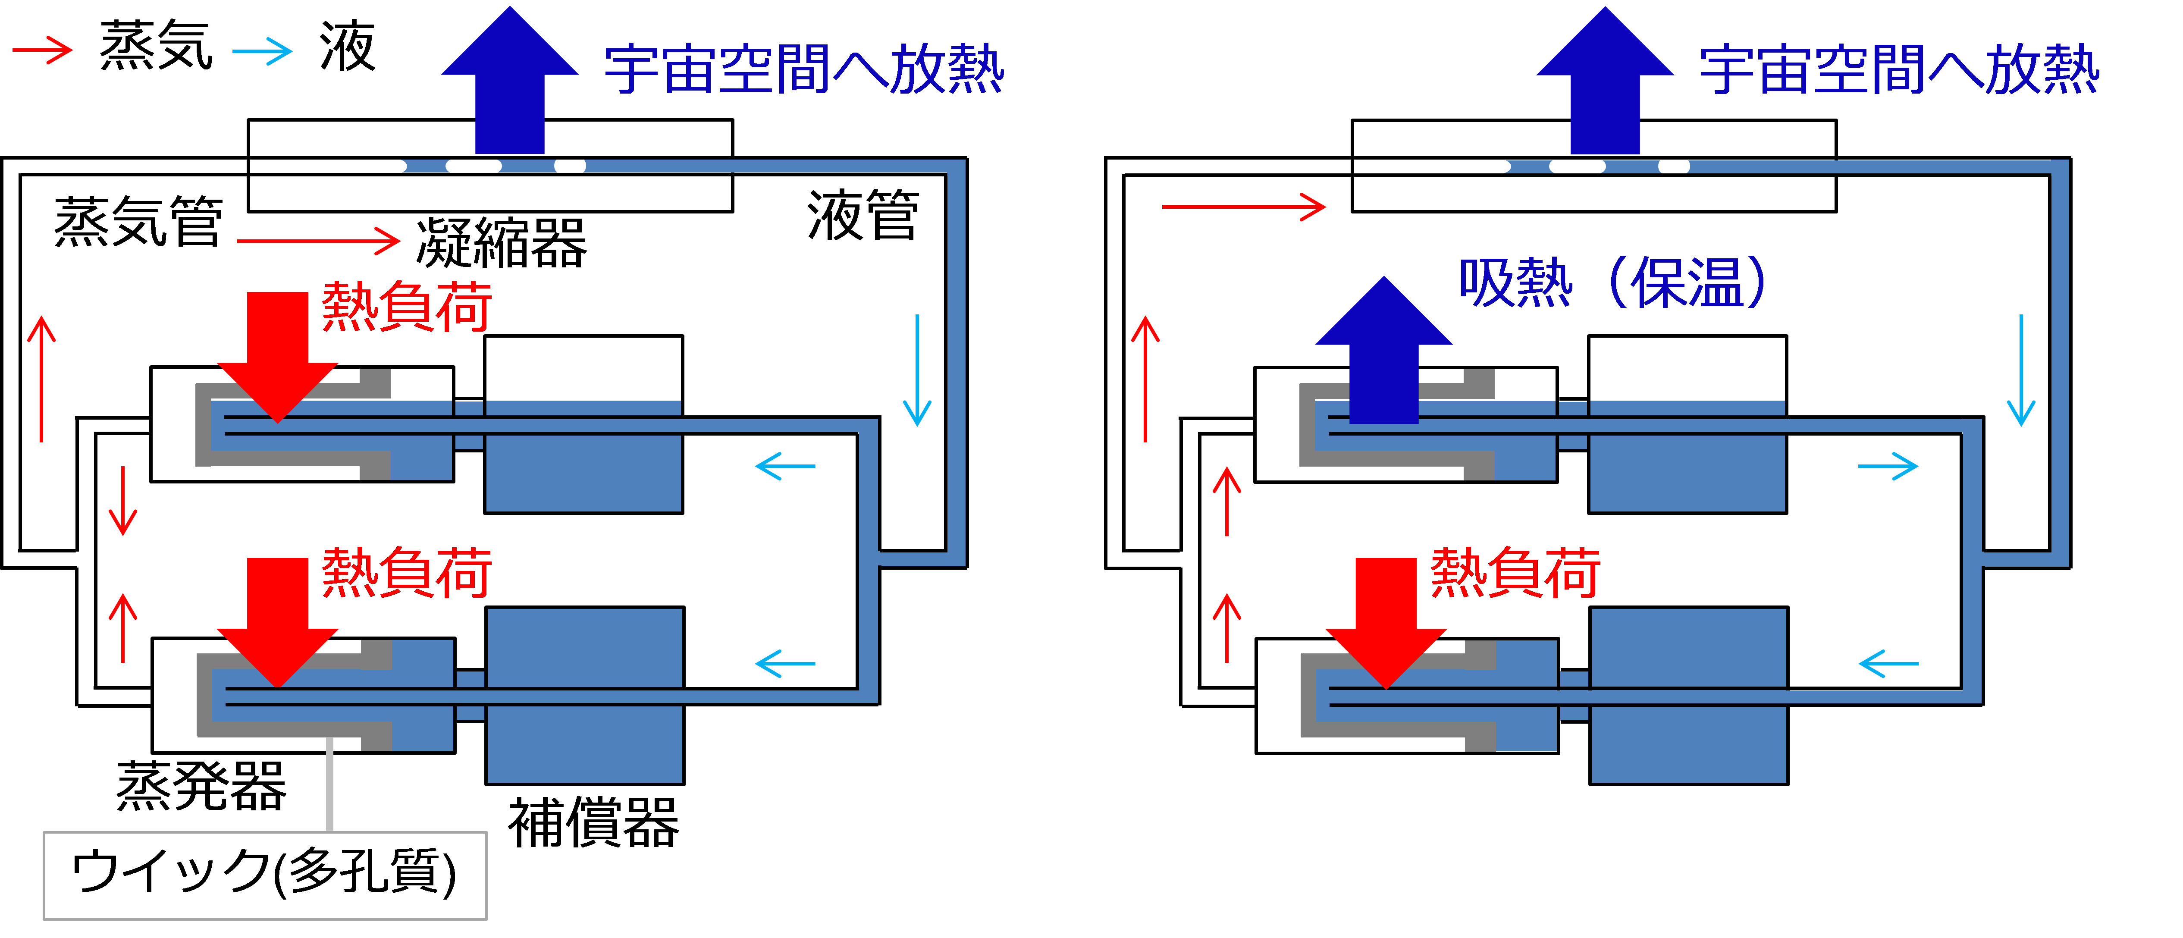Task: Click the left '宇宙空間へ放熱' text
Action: [x=803, y=69]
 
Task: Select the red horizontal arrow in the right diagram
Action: [x=1243, y=206]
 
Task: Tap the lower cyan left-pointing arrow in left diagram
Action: [x=785, y=663]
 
